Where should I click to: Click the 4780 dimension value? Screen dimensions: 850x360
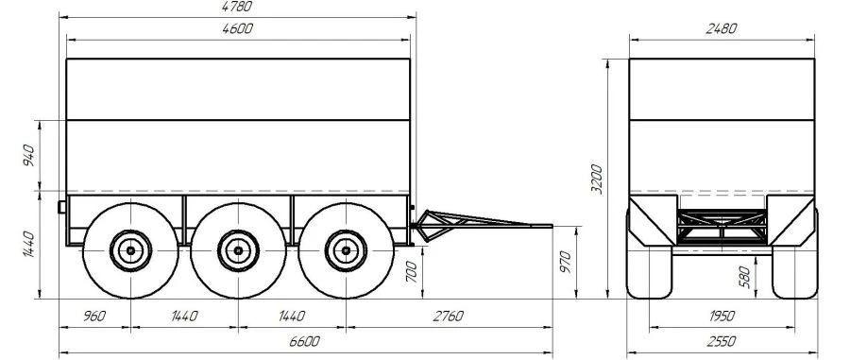click(x=237, y=7)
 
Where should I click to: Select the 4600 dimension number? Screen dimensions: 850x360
click(x=237, y=28)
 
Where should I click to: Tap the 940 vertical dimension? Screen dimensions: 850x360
click(x=29, y=156)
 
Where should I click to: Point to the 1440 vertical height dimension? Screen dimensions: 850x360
click(x=29, y=245)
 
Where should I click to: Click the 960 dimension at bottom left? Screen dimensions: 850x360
click(x=94, y=317)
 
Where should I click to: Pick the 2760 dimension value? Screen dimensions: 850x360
click(x=448, y=317)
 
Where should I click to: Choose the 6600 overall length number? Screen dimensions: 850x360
click(x=305, y=341)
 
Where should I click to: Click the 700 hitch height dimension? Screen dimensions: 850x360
click(x=412, y=271)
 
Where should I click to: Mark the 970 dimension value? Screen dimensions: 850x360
click(x=566, y=263)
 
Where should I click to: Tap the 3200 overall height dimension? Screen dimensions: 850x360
click(x=596, y=179)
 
